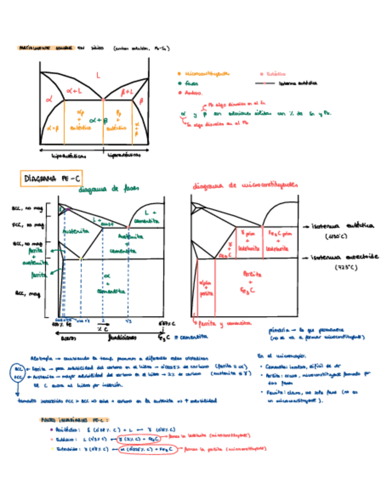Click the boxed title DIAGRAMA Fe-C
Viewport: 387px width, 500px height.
point(45,177)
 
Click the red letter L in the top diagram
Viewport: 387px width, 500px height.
point(98,74)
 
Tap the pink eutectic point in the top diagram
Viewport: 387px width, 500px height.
point(103,100)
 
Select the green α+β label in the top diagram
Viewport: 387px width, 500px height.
point(98,121)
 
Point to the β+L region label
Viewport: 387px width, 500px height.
point(127,92)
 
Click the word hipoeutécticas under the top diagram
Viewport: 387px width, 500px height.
point(69,156)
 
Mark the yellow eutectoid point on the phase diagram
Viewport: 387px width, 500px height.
point(81,259)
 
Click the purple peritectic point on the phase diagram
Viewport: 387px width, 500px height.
point(68,209)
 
